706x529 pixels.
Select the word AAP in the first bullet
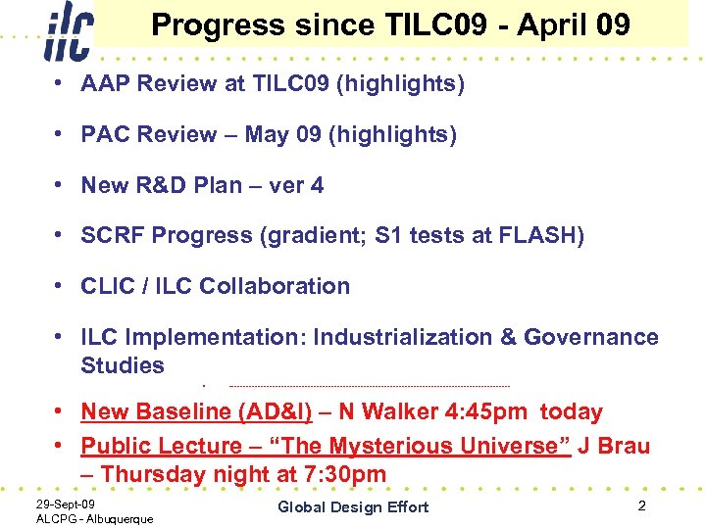point(107,84)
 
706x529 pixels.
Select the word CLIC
point(108,286)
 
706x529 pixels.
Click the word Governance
point(591,337)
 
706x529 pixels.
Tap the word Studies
point(123,365)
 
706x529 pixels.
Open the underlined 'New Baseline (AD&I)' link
point(196,412)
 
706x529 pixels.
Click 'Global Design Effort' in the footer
point(353,506)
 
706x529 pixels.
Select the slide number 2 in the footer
point(640,505)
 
